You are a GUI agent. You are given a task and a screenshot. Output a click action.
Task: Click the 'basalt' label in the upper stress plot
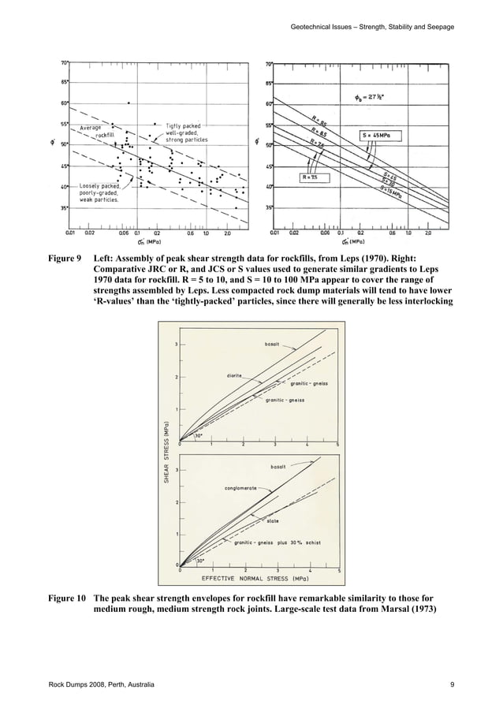point(273,344)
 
